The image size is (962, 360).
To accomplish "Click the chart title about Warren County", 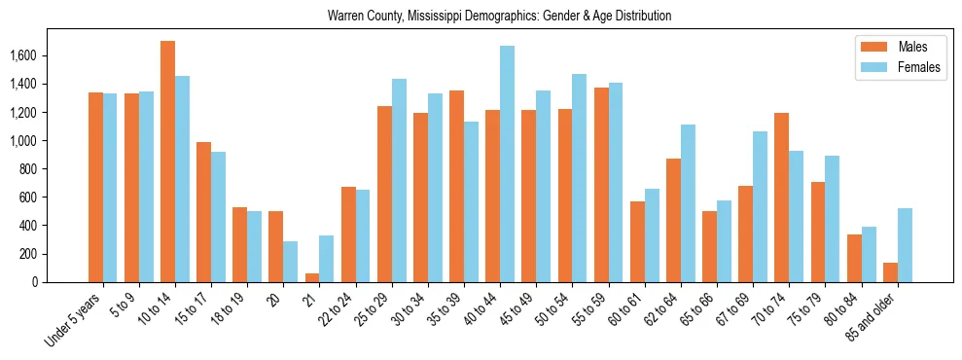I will click(499, 16).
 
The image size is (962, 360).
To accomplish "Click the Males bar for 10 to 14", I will click(167, 162).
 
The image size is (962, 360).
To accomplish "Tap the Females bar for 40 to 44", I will click(507, 163).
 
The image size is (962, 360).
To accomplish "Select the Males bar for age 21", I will click(311, 277).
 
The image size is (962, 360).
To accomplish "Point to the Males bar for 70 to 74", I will click(781, 198).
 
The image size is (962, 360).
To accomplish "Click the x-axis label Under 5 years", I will click(74, 321).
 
